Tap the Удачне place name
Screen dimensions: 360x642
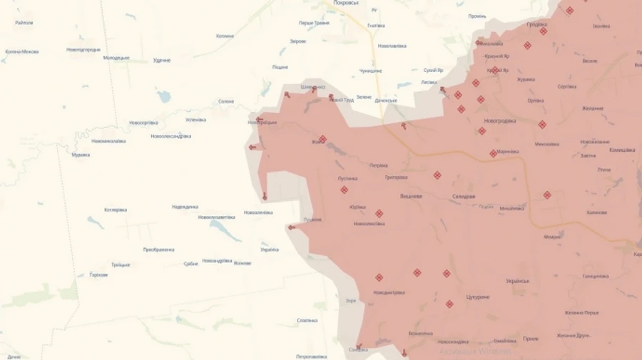[162, 61]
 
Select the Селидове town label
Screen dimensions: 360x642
[464, 196]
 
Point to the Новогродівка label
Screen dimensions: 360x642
[499, 120]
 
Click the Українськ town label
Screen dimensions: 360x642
[517, 281]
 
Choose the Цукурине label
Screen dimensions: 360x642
[477, 296]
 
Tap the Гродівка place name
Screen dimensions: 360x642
[536, 24]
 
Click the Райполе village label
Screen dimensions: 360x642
[24, 23]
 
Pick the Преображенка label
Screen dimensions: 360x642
[158, 250]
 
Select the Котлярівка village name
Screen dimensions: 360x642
[116, 210]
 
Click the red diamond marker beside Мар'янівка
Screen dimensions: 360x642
[494, 153]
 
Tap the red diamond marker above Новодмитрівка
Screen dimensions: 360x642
[379, 277]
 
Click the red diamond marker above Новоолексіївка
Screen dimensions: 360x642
[379, 213]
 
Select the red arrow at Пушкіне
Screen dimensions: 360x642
[291, 227]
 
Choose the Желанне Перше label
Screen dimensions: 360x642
[581, 312]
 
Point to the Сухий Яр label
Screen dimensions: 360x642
[433, 71]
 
